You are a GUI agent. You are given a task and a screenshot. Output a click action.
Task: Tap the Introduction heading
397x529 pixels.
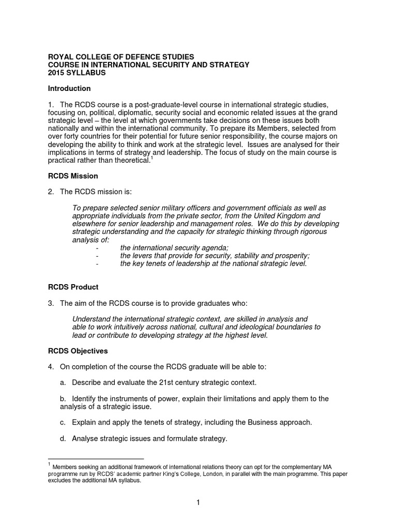click(x=69, y=88)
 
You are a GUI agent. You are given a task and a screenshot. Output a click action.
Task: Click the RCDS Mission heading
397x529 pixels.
click(x=73, y=176)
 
